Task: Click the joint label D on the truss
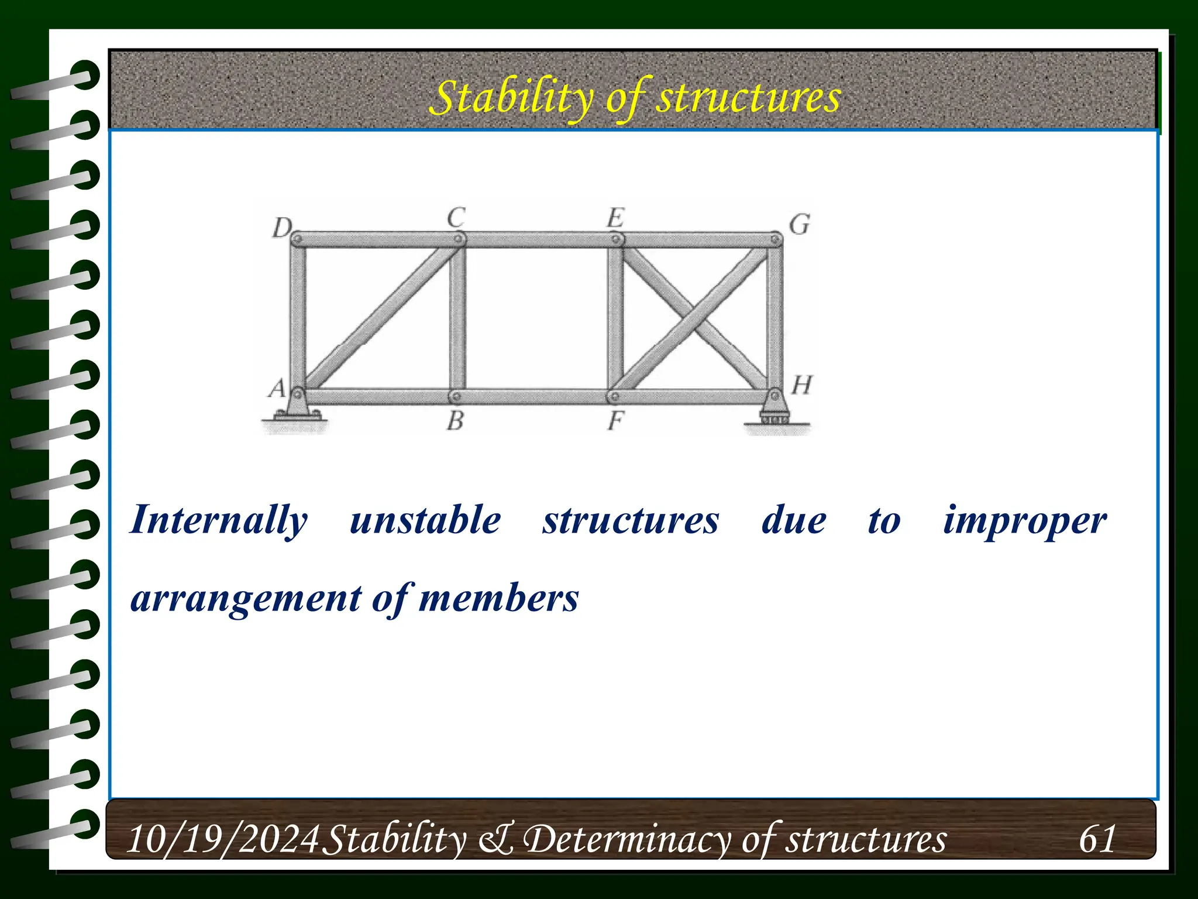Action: [283, 227]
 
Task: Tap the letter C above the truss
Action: [456, 218]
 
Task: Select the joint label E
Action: [615, 218]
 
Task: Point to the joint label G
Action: [799, 225]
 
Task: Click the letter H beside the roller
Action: [801, 385]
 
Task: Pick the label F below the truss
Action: [615, 420]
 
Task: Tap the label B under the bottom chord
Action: [455, 420]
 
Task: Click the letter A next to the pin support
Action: [277, 387]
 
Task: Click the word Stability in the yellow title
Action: [510, 98]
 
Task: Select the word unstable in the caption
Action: [425, 520]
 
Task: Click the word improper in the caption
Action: [1024, 520]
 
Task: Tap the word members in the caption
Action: [498, 598]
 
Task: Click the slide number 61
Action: [1097, 838]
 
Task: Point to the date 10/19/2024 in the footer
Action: [223, 838]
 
